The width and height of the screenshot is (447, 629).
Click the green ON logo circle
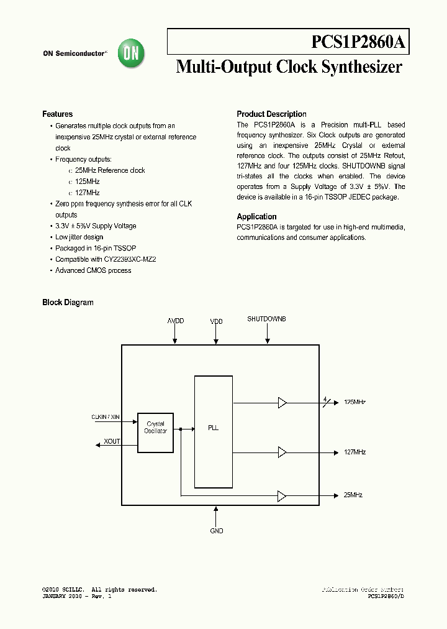132,53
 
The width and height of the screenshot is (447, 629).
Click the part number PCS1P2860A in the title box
358,42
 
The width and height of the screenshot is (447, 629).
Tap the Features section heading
57,114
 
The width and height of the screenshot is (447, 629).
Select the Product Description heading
271,114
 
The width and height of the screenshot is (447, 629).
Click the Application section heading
256,217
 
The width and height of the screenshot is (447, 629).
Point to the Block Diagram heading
68,303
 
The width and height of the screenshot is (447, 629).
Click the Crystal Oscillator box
155,428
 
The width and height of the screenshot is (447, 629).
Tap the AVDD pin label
176,321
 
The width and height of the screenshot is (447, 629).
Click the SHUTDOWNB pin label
266,319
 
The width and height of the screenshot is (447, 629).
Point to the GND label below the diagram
216,531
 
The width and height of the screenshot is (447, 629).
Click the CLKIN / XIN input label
105,417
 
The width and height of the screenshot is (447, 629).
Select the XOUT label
112,441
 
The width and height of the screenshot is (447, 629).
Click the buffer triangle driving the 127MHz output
282,452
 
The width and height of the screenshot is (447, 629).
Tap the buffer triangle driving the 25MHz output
282,495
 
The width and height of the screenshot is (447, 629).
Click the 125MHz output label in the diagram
354,403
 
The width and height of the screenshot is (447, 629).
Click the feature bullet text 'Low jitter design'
79,237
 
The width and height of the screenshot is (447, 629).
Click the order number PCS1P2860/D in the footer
386,596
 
